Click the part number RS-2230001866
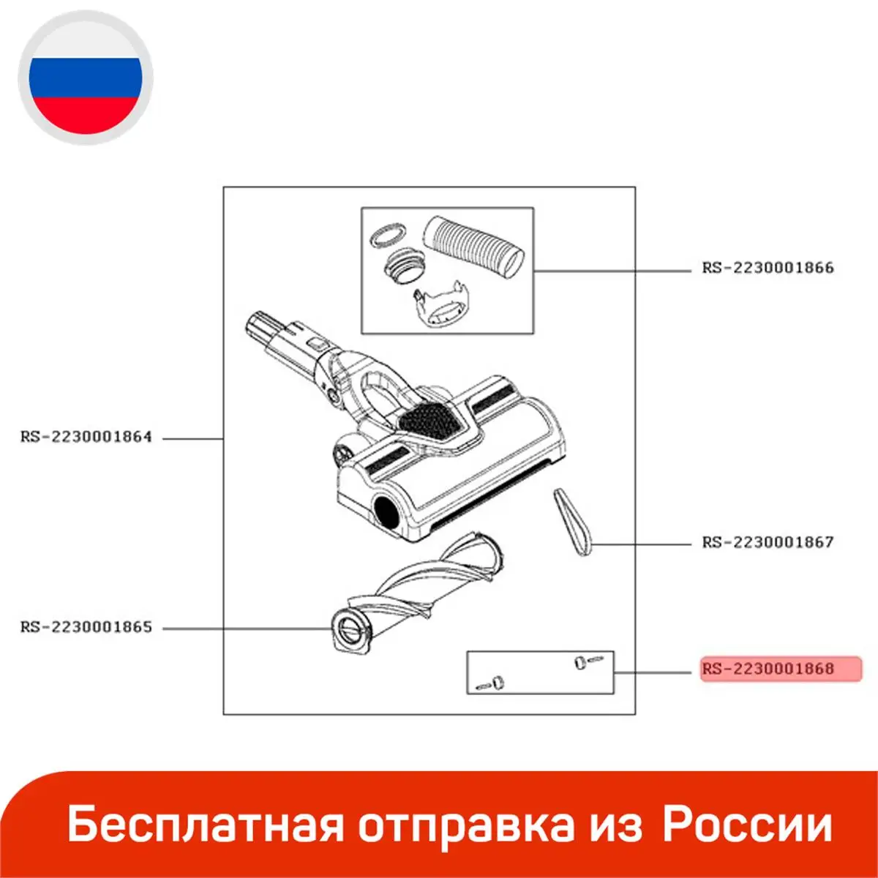click(768, 268)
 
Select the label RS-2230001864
click(86, 437)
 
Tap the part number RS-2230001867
click(768, 542)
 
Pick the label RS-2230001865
click(86, 627)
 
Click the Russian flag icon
click(85, 78)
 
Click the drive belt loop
click(573, 522)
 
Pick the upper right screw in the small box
click(584, 663)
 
